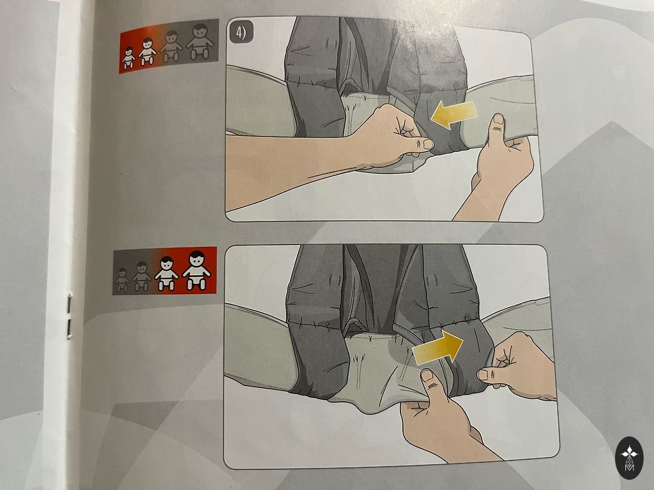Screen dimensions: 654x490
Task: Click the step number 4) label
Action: tap(241, 33)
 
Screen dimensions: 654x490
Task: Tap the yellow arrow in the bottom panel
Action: tap(437, 348)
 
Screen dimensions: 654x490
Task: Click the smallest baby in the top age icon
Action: tap(128, 57)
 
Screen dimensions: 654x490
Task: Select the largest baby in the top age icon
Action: tap(201, 41)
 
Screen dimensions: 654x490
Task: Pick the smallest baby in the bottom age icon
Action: tap(122, 279)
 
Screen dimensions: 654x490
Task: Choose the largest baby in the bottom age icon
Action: tap(197, 270)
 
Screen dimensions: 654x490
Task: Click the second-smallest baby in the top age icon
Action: tap(148, 51)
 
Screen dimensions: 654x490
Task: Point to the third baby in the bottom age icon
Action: tap(167, 273)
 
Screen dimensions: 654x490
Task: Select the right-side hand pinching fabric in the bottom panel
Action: tap(517, 367)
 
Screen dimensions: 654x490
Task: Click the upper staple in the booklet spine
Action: tap(69, 303)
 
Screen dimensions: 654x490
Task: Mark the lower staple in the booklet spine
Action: tap(69, 329)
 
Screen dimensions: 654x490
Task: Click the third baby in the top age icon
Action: tap(171, 46)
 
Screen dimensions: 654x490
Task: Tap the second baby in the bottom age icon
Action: tap(142, 276)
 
